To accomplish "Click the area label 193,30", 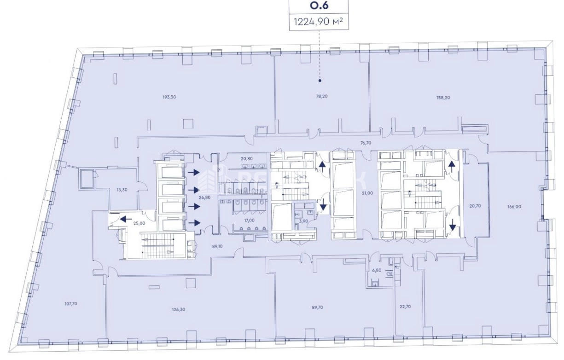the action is [x=169, y=97].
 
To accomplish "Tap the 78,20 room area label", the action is [x=322, y=96].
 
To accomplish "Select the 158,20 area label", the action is [x=443, y=98].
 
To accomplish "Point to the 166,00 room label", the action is [x=514, y=207].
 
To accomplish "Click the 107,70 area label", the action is [x=71, y=304].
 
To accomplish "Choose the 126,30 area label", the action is [x=179, y=309].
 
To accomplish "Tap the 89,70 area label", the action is [x=317, y=308].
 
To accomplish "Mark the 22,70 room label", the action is [x=405, y=307].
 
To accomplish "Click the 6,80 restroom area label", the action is [x=377, y=270].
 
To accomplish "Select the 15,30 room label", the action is [x=122, y=190].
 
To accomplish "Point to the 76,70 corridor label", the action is [x=366, y=143].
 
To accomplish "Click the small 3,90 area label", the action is [x=303, y=221].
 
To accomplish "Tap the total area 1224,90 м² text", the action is [x=319, y=22].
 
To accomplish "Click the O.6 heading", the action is [x=319, y=6].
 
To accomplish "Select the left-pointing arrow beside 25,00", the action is [x=126, y=219].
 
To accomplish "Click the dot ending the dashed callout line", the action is [x=320, y=81].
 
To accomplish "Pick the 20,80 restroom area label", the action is [x=246, y=159].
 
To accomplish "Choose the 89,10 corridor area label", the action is [x=217, y=246].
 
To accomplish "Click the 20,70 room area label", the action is [x=475, y=206].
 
